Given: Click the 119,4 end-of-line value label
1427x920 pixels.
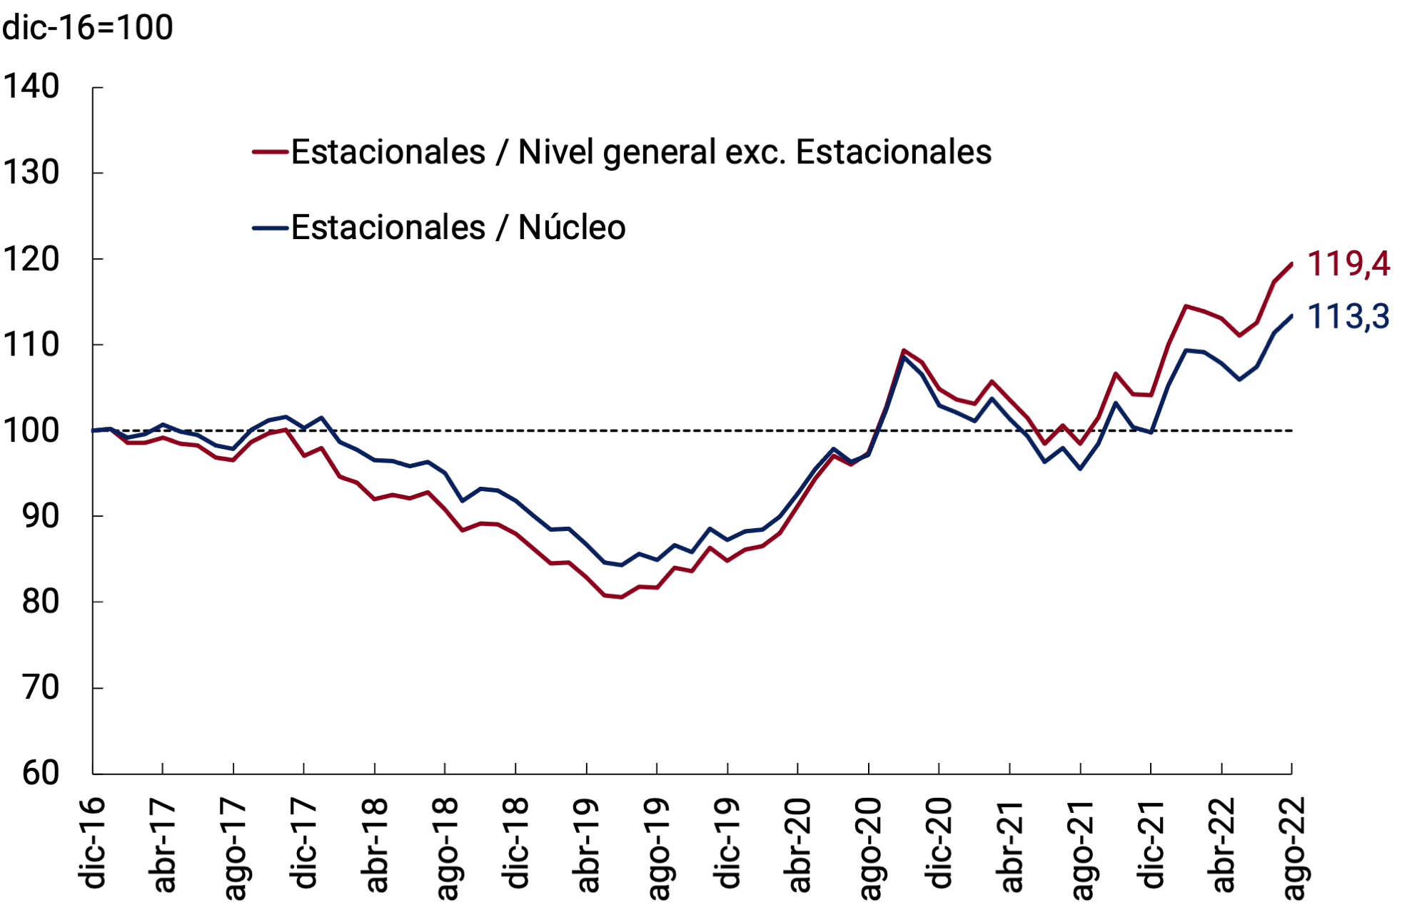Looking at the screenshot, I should tap(1348, 264).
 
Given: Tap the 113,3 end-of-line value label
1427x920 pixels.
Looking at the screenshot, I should tap(1348, 317).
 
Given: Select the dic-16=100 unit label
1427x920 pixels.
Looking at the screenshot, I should tap(88, 28).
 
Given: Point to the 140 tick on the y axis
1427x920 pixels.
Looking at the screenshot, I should tap(31, 87).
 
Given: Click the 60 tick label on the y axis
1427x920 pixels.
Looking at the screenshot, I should tap(41, 773).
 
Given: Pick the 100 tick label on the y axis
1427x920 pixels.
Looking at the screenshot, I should tap(31, 430).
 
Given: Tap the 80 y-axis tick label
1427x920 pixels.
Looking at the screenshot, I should tap(41, 602).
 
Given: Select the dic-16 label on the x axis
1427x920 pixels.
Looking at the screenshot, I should tap(94, 844).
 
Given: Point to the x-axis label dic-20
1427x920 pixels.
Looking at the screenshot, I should tap(939, 844).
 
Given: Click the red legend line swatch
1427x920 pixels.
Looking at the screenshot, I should tap(271, 152).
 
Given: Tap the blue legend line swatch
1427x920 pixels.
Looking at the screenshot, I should tap(271, 228).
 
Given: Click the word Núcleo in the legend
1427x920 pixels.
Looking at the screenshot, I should tap(572, 228).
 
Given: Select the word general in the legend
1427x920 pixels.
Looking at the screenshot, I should tap(659, 153).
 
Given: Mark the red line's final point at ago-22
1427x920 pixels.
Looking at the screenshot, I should tap(1291, 264).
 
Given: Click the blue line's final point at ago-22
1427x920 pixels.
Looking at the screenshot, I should tap(1291, 315).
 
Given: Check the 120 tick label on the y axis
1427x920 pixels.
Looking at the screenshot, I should tap(31, 259).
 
